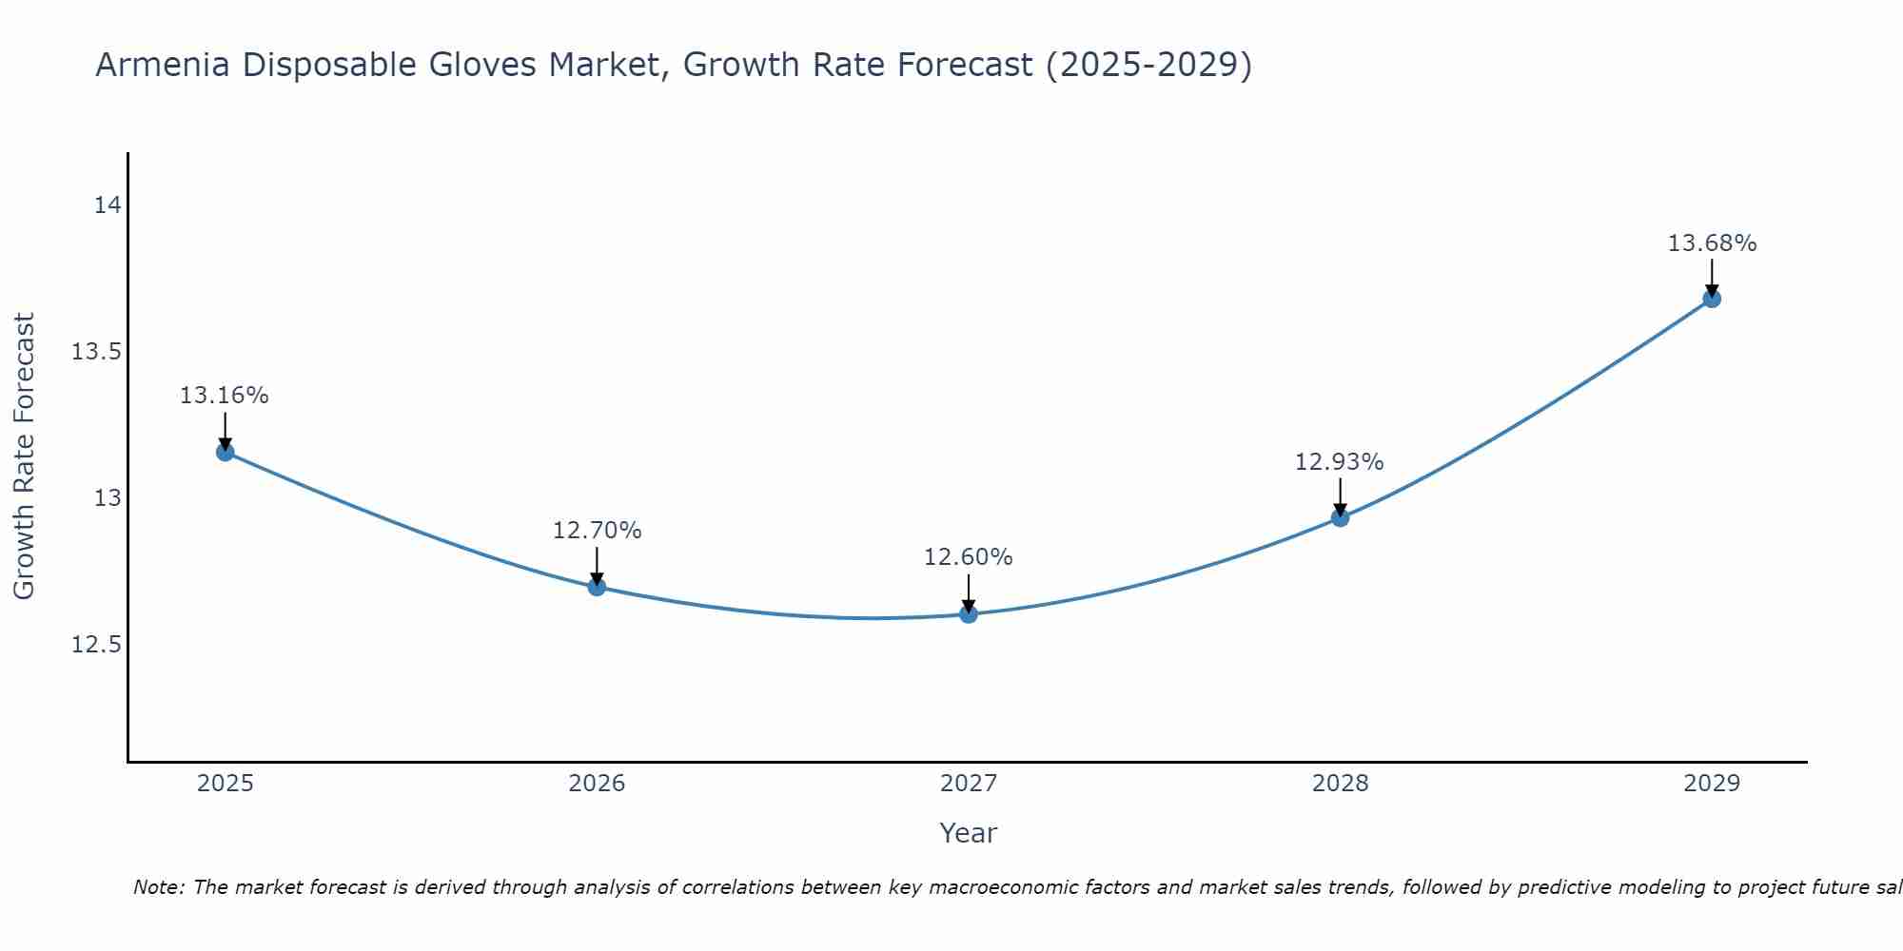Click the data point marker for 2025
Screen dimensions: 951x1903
226,452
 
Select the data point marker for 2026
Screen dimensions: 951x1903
597,587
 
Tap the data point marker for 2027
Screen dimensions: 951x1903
969,614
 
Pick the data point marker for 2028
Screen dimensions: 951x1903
1340,518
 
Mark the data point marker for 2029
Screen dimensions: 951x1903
1712,299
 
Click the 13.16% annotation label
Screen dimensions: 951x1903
225,396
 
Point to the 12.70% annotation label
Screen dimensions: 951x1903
597,531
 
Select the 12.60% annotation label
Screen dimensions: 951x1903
969,557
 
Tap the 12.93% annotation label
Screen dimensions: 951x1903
1340,462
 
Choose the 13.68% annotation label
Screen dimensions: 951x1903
1712,243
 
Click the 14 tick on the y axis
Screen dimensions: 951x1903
108,205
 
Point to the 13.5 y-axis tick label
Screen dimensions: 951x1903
97,352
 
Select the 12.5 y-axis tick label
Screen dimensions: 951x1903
97,645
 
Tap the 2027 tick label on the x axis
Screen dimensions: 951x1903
969,784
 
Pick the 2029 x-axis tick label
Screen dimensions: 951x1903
1712,784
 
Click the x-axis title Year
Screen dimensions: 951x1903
969,833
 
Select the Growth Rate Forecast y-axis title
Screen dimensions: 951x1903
25,456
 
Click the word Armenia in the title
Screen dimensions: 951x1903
163,66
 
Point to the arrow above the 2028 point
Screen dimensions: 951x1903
1340,495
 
